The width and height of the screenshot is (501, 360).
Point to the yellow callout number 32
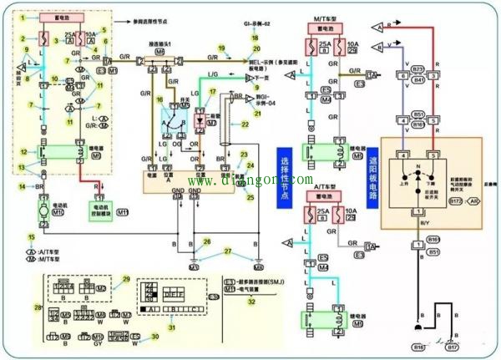[x=250, y=302]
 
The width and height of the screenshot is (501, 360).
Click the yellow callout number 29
[x=127, y=279]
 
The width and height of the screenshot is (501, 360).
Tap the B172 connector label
[x=456, y=201]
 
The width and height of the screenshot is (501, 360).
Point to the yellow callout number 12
[x=23, y=151]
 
